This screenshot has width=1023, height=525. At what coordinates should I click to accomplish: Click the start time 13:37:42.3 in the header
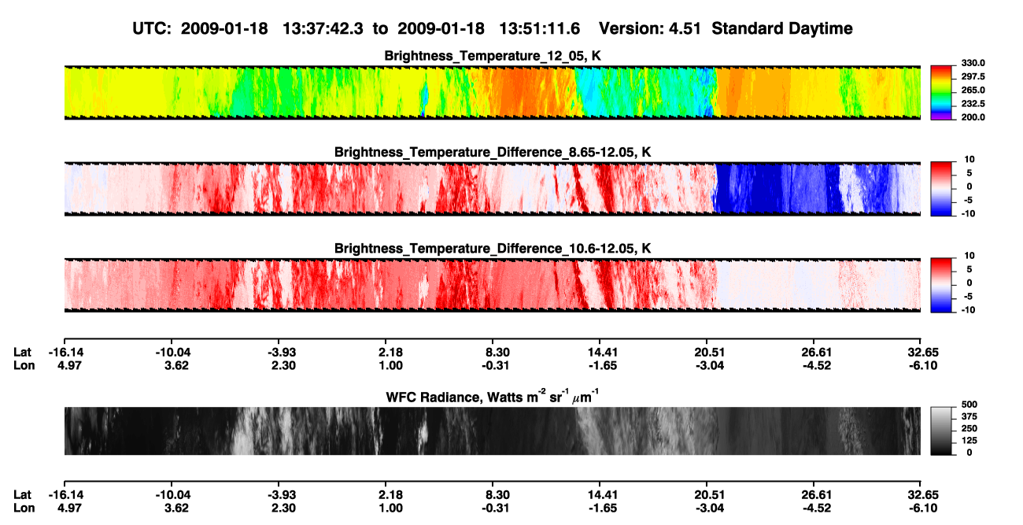tap(323, 29)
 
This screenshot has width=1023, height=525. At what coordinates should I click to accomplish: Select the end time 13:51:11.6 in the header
tap(539, 29)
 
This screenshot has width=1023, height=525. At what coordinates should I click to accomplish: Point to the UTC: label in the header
tap(152, 29)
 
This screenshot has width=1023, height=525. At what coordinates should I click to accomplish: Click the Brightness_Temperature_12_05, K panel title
tap(493, 56)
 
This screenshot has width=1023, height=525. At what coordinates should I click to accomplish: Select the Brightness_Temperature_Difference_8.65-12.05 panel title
tap(493, 152)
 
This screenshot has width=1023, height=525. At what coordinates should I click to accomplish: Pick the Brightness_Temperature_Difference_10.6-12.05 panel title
tap(493, 249)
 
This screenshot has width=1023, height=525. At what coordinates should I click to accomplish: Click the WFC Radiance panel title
tap(493, 397)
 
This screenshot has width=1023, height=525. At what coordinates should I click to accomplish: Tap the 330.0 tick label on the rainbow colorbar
tap(973, 63)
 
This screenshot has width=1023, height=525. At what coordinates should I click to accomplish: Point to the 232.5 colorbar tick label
tap(973, 104)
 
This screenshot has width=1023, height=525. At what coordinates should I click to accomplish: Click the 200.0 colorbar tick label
tap(973, 117)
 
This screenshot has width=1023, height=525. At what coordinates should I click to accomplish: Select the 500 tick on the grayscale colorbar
tap(969, 405)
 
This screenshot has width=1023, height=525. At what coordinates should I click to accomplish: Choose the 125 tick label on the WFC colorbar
tap(969, 441)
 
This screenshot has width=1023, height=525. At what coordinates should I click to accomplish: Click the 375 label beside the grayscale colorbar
tap(969, 416)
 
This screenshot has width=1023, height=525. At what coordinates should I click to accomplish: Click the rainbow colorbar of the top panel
tap(941, 93)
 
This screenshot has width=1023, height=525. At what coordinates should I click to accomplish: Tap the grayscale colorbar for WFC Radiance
tap(941, 431)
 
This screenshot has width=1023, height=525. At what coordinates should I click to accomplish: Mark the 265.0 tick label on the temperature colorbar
tap(973, 90)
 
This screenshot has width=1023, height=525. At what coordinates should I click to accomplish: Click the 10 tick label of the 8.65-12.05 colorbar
tap(969, 160)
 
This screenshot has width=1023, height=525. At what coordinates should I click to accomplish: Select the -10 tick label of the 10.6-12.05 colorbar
tap(968, 310)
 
